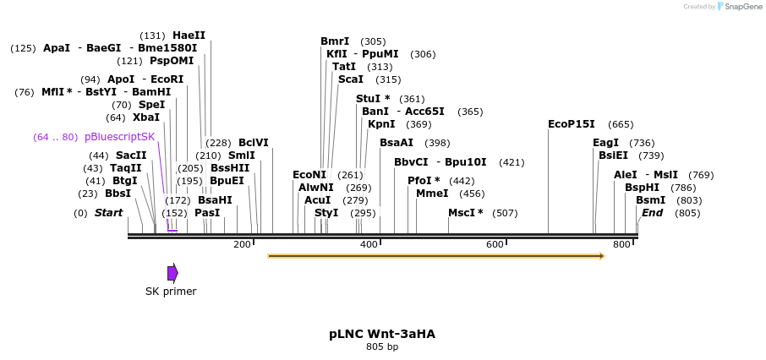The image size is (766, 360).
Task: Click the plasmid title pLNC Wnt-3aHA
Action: click(x=382, y=334)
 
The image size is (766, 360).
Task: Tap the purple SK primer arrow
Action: click(x=172, y=273)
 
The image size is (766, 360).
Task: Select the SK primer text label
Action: click(x=171, y=292)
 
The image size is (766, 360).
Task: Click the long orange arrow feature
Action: click(x=436, y=255)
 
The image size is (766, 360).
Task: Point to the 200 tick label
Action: click(x=242, y=244)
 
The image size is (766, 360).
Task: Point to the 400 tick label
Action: click(x=369, y=244)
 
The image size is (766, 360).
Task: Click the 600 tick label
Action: click(x=495, y=244)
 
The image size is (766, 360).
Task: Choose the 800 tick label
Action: click(x=621, y=244)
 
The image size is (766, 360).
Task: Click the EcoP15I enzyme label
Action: click(x=572, y=124)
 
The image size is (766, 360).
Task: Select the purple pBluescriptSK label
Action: click(x=119, y=137)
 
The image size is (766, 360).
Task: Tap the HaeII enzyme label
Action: click(x=189, y=35)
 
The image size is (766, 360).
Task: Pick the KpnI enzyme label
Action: click(x=381, y=124)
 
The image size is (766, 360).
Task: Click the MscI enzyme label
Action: click(x=465, y=213)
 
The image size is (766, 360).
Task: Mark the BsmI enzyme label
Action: click(x=651, y=200)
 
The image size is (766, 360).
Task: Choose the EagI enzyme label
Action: click(x=605, y=143)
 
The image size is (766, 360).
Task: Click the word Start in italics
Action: click(x=108, y=213)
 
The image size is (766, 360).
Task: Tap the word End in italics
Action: click(x=652, y=213)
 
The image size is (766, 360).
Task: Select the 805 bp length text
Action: click(x=382, y=347)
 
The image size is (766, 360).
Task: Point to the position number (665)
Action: click(x=621, y=124)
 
